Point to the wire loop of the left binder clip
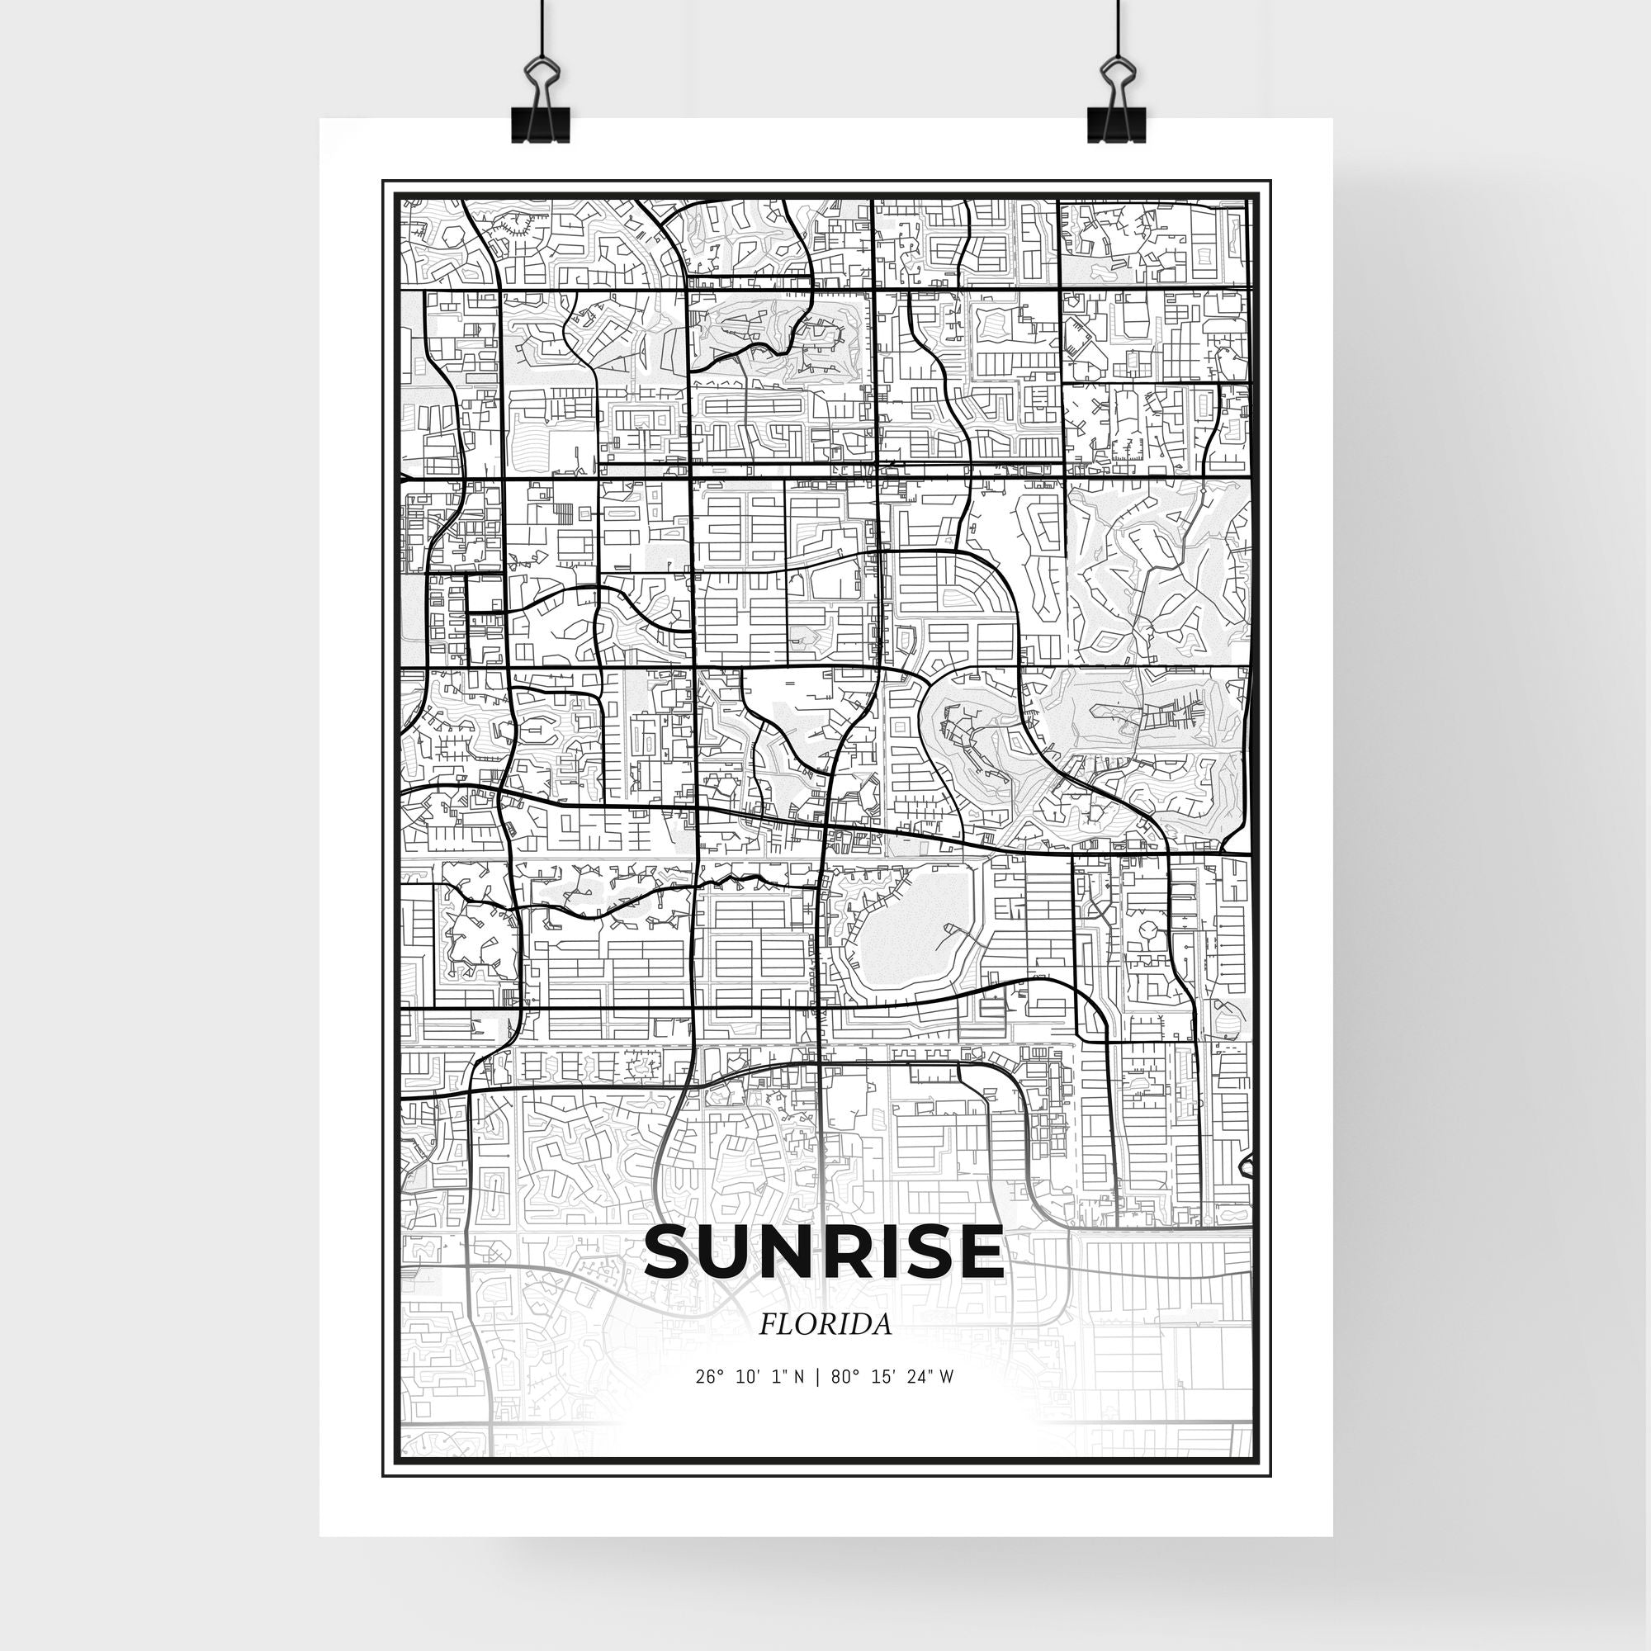coord(541,78)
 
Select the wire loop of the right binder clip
coord(1115,77)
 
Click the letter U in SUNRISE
coord(750,1252)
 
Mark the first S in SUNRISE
coord(675,1252)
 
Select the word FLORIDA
coord(825,1325)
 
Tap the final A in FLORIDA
coord(881,1325)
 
